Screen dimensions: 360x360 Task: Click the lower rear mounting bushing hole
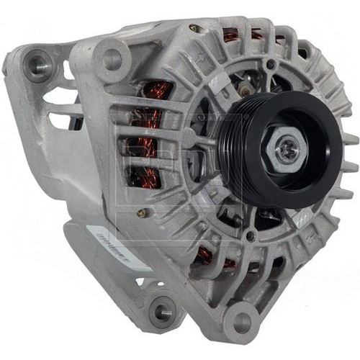161,311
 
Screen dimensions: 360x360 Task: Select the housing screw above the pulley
270,66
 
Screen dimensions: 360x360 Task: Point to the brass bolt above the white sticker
143,213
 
